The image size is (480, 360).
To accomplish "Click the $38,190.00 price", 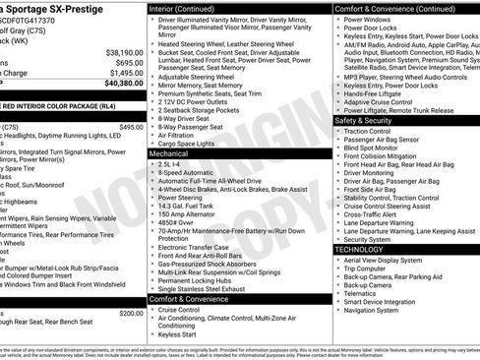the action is pos(117,52).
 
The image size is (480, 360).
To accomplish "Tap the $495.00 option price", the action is pos(131,127).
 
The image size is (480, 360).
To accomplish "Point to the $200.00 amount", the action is pos(131,313).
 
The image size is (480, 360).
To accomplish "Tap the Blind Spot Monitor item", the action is pos(377,148).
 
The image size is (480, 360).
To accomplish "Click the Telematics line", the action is pos(361,292).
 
